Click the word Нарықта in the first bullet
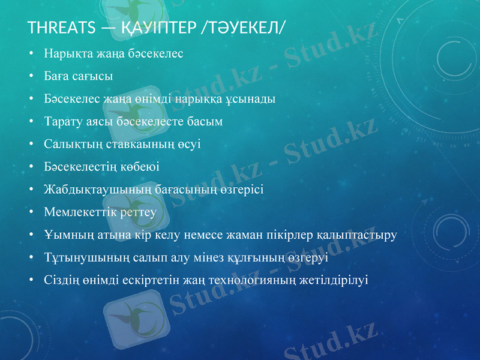(x=65, y=53)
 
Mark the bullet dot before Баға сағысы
(x=31, y=76)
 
